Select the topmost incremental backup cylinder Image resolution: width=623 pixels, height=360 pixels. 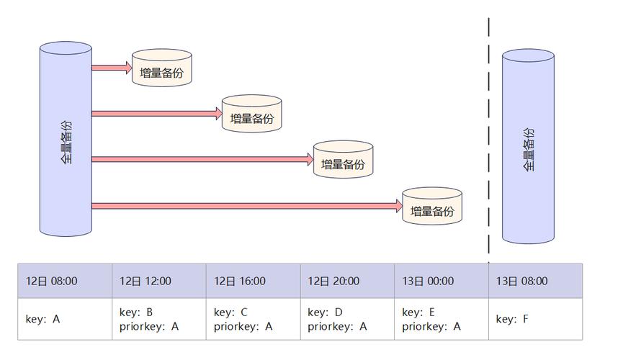click(162, 69)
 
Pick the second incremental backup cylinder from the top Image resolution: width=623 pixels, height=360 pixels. click(251, 114)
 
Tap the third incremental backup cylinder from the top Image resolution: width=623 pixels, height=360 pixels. click(343, 161)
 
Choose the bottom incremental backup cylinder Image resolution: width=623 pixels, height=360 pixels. click(432, 207)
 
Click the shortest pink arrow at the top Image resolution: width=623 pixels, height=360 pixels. click(112, 68)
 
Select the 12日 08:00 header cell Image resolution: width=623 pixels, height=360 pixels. click(65, 282)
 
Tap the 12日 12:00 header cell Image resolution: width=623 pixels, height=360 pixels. click(159, 282)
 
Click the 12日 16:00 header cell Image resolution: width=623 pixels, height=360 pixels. click(254, 282)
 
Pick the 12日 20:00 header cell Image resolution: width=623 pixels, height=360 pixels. click(347, 282)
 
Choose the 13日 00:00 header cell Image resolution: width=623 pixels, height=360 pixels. click(442, 282)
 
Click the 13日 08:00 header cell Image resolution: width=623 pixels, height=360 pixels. click(535, 282)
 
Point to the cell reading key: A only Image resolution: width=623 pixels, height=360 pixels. click(65, 319)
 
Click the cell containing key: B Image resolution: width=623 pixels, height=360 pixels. click(159, 319)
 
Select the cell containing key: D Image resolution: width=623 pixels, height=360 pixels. click(347, 319)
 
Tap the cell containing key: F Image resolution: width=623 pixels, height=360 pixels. click(535, 319)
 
